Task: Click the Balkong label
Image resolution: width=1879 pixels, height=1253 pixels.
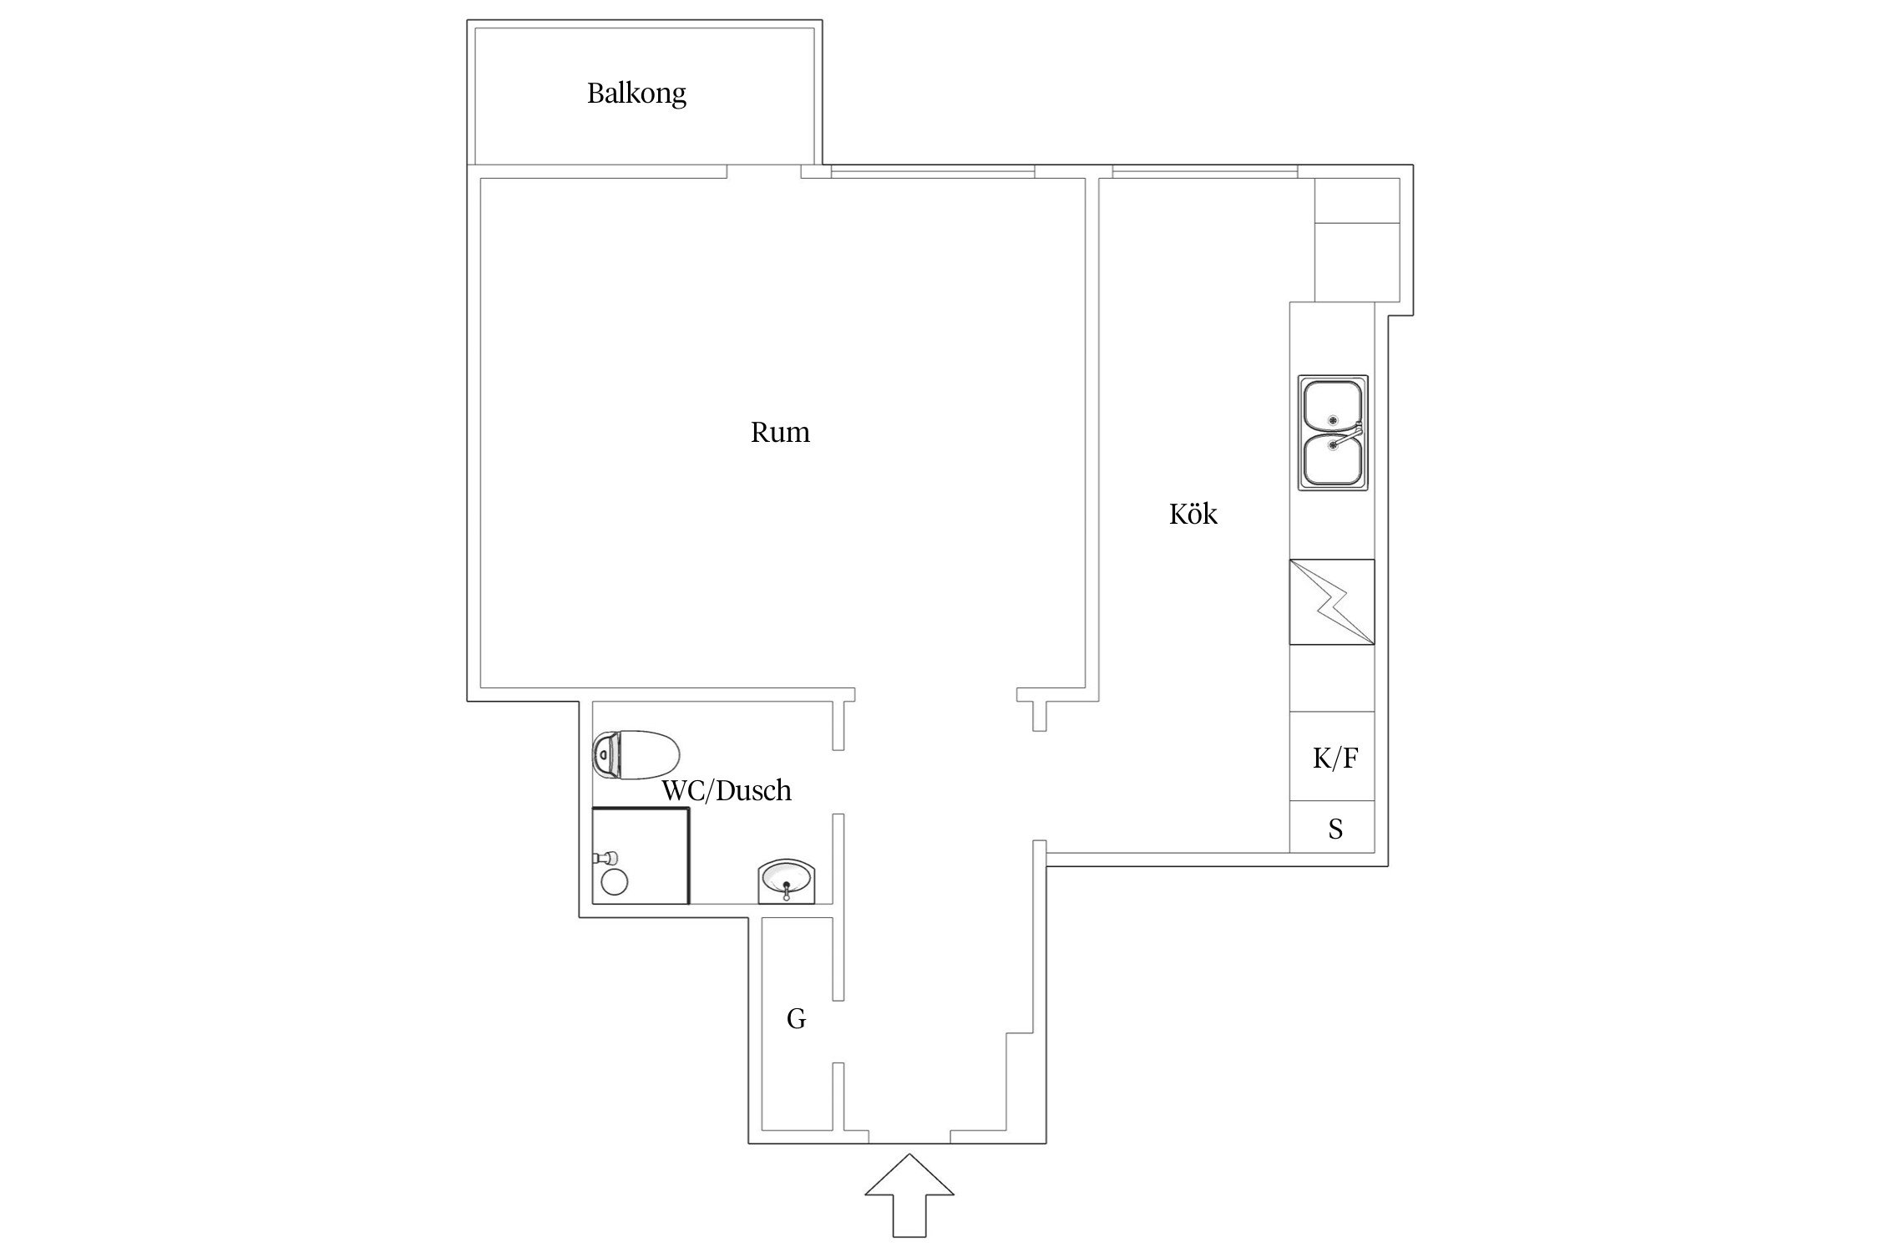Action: coord(636,94)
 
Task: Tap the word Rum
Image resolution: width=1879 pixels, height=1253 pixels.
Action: coord(780,432)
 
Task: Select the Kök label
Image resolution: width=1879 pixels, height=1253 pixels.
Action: coord(1193,513)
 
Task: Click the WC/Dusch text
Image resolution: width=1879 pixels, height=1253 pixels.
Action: coord(727,790)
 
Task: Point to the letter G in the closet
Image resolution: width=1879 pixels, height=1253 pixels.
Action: coord(796,1018)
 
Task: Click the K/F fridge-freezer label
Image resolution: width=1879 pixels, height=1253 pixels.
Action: coord(1335,758)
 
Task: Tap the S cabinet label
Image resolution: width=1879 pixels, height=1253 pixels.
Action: coord(1335,829)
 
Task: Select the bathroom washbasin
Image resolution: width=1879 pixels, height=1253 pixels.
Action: coord(788,881)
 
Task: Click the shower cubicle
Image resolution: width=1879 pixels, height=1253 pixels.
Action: coord(641,855)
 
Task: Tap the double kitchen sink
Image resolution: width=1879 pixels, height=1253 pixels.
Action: coord(1333,432)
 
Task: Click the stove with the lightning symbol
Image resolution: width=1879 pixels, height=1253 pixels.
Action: coord(1332,601)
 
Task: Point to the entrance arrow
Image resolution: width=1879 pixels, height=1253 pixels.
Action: coord(909,1195)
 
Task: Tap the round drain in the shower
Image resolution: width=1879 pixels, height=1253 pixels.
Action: coord(615,882)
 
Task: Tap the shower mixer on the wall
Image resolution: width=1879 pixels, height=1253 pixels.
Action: coord(605,857)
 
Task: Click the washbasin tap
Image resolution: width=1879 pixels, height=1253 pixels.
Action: coord(786,892)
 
